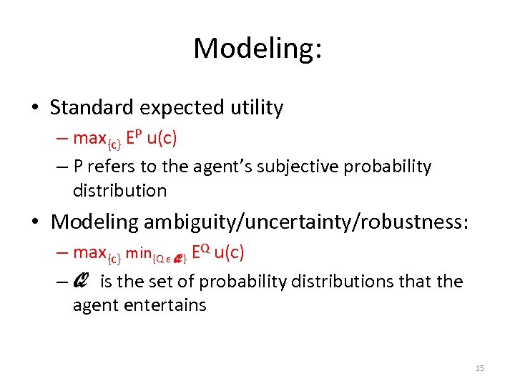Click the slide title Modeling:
pyautogui.click(x=257, y=49)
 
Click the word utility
pyautogui.click(x=255, y=108)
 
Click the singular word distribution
pyautogui.click(x=119, y=191)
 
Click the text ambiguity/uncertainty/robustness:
pyautogui.click(x=306, y=222)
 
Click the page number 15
pyautogui.click(x=479, y=368)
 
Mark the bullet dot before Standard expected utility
pyautogui.click(x=35, y=109)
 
